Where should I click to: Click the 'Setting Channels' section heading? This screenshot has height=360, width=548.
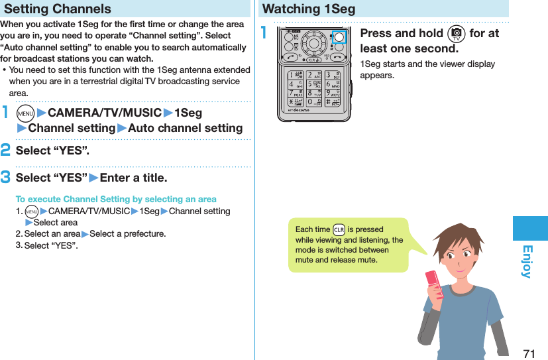click(x=58, y=9)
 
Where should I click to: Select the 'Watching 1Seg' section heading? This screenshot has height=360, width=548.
click(x=309, y=9)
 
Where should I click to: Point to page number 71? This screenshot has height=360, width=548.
click(x=528, y=353)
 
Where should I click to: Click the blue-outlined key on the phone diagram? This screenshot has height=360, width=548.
click(x=339, y=37)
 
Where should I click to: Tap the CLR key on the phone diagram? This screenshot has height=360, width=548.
click(x=314, y=58)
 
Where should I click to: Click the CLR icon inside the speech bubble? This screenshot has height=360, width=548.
click(x=339, y=230)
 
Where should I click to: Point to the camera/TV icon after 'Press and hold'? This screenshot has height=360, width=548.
click(x=457, y=34)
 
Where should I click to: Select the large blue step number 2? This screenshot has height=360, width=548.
click(x=5, y=150)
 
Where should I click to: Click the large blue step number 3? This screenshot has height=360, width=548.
click(x=5, y=178)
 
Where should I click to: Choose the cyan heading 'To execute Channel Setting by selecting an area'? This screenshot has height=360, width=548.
click(x=116, y=199)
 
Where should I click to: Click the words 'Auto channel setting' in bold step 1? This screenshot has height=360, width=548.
click(x=185, y=128)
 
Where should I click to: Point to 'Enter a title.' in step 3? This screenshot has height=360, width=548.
click(x=133, y=178)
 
